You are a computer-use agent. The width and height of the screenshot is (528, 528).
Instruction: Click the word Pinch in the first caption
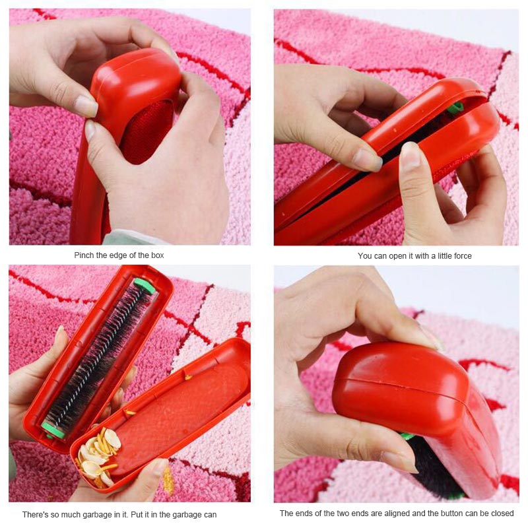84,255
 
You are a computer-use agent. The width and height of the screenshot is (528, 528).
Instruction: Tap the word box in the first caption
158,255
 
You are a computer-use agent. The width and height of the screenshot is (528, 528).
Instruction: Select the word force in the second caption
463,256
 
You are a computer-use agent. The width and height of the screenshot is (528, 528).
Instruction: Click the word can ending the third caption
210,515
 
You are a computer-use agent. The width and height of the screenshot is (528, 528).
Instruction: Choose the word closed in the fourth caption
502,513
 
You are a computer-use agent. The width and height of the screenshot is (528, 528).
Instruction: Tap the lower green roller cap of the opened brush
53,431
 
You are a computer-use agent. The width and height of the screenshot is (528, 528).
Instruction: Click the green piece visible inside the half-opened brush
455,108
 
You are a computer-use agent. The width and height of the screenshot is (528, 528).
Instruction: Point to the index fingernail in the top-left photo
86,106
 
